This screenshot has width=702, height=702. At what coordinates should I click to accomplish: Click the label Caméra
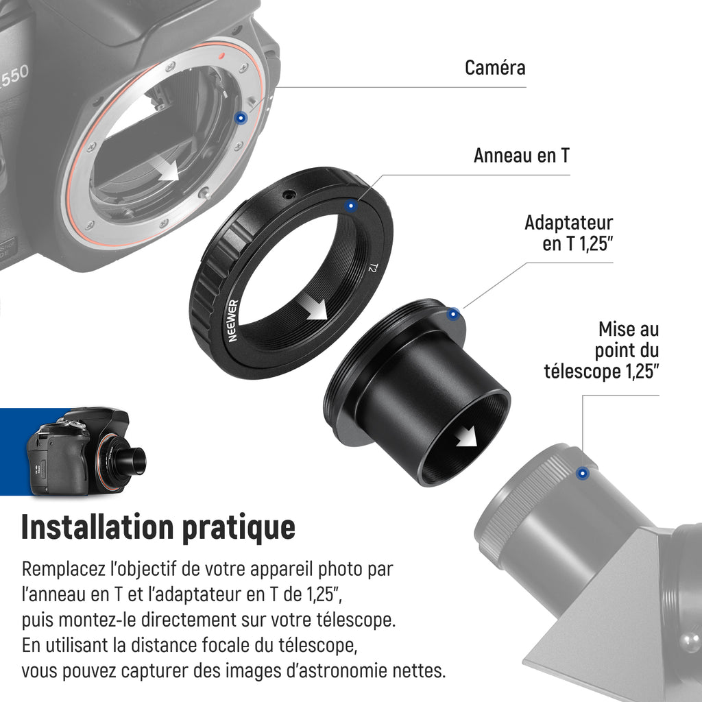(x=495, y=68)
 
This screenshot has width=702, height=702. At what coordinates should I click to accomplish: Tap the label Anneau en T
(x=522, y=156)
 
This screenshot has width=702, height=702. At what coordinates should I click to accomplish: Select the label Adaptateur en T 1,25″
(x=568, y=233)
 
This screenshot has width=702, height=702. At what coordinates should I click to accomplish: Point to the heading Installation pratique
(x=158, y=528)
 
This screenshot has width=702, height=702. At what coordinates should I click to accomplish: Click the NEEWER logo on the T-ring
(x=233, y=321)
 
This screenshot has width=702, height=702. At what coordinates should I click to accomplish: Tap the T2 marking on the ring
(x=373, y=268)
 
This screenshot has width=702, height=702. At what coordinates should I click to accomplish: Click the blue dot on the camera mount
(x=241, y=118)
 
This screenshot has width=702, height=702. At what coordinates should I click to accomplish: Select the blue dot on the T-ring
(x=351, y=206)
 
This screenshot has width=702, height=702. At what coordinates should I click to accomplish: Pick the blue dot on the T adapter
(x=453, y=314)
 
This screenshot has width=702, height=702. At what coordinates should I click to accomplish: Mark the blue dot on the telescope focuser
(x=583, y=473)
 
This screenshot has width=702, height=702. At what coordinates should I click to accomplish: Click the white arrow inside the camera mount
(x=166, y=169)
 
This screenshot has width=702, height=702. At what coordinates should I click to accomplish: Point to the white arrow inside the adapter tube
(x=466, y=436)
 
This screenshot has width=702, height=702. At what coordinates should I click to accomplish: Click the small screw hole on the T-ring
(x=289, y=195)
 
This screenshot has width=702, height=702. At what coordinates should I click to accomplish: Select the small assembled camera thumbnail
(x=87, y=451)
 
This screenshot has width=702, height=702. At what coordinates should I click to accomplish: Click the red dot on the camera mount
(x=221, y=56)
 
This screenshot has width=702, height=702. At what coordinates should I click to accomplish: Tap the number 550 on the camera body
(x=14, y=77)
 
